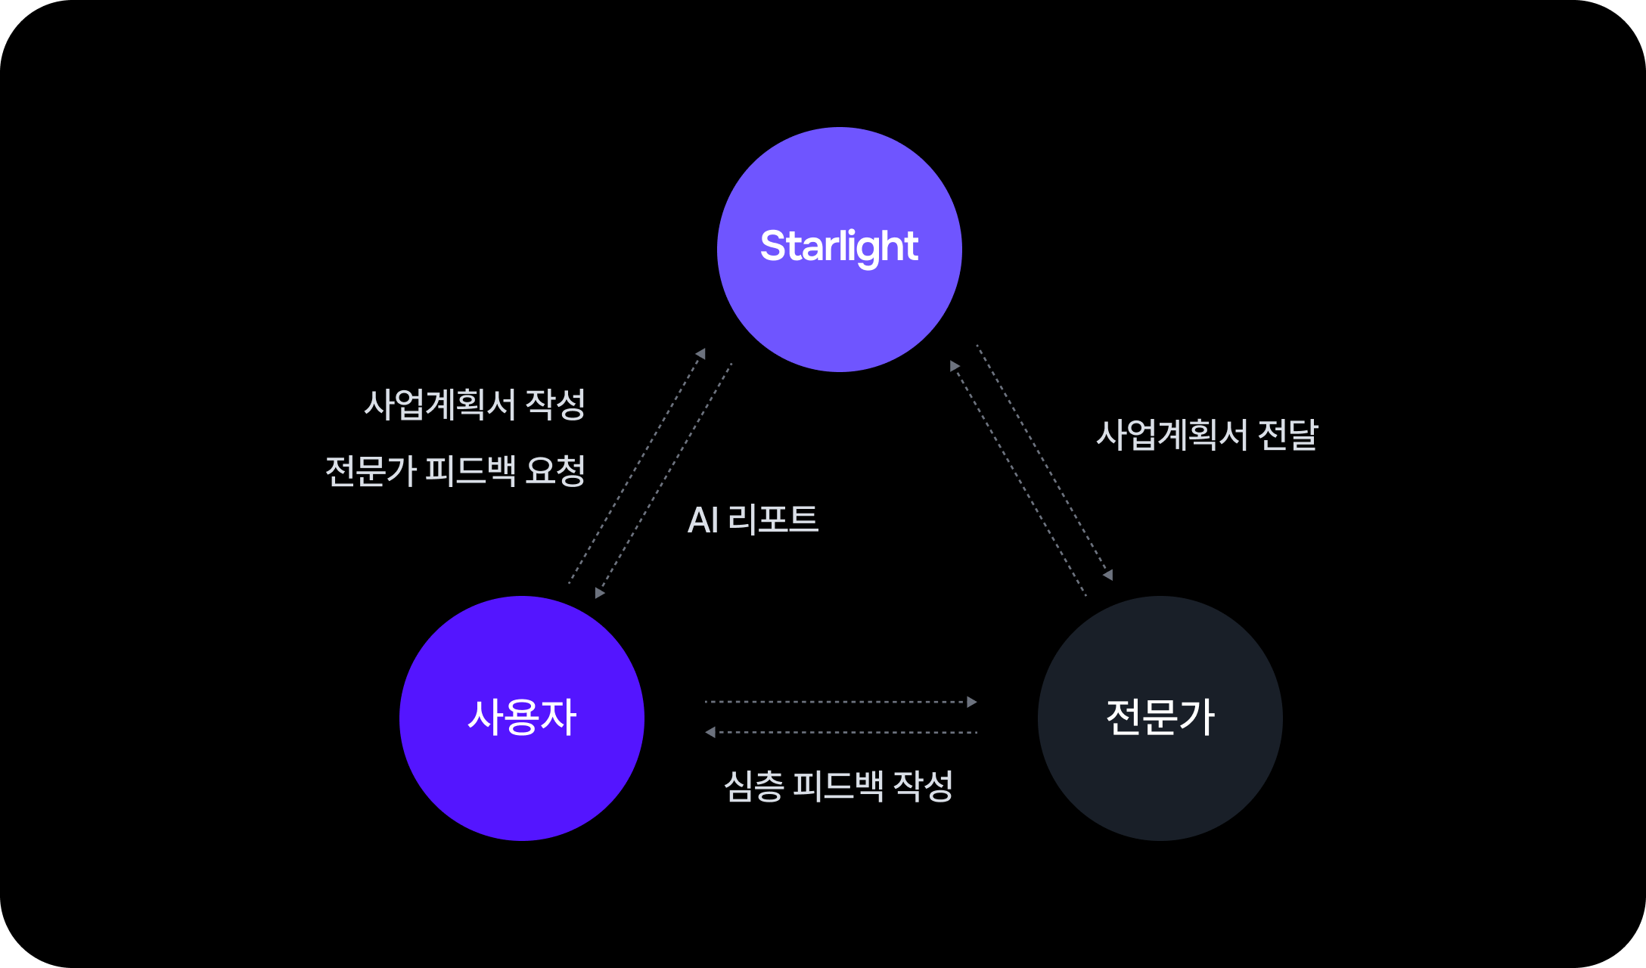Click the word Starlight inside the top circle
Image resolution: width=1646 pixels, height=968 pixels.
839,247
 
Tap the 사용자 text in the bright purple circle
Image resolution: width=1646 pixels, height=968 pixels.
522,717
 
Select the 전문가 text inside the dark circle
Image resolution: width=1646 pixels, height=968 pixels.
1160,717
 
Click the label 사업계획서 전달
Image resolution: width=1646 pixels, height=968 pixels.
1207,435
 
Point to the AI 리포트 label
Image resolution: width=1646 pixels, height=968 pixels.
753,520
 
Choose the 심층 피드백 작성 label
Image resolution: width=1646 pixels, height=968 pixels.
838,786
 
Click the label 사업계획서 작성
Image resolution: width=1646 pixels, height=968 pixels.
474,404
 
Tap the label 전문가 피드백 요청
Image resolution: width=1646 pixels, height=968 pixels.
455,470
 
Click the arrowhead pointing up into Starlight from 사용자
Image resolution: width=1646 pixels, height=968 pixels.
701,353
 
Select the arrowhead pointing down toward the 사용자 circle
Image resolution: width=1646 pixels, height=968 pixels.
599,593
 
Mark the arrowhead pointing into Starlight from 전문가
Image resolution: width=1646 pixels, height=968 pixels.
955,366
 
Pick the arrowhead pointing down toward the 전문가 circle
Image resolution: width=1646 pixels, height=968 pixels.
1108,576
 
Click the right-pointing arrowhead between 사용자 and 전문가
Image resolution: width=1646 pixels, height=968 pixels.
972,702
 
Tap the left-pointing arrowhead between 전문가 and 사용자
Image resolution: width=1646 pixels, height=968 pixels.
710,732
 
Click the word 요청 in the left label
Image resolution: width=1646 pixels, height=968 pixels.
555,470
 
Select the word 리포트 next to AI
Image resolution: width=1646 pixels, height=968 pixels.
773,520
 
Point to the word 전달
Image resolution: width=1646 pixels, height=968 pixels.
1287,435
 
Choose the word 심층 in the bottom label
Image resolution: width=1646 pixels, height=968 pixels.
753,786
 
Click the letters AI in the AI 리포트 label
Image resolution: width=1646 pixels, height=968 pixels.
703,520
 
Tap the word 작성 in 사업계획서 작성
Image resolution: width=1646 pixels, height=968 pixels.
555,404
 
